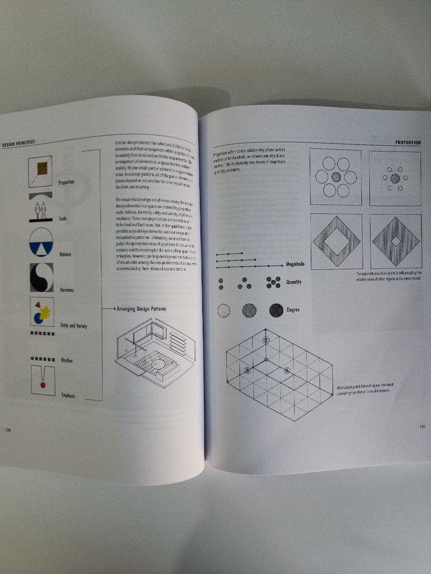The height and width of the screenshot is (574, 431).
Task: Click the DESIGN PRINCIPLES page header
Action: point(19,142)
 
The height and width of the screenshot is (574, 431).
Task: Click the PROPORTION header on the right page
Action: point(407,143)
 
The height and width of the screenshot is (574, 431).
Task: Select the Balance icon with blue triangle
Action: point(41,241)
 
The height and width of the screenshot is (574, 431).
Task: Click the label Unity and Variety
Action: point(74,325)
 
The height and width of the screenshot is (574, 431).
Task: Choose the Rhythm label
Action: point(67,360)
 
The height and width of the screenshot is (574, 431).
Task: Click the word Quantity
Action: point(294,282)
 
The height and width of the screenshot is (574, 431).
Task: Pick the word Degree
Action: point(293,310)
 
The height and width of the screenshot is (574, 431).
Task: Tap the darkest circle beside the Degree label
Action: point(277,310)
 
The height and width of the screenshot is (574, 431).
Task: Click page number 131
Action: point(423,427)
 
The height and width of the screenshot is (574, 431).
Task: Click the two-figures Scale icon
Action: point(41,210)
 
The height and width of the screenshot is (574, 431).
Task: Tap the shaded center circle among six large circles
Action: point(335,177)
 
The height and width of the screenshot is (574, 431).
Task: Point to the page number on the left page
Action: point(8,429)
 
